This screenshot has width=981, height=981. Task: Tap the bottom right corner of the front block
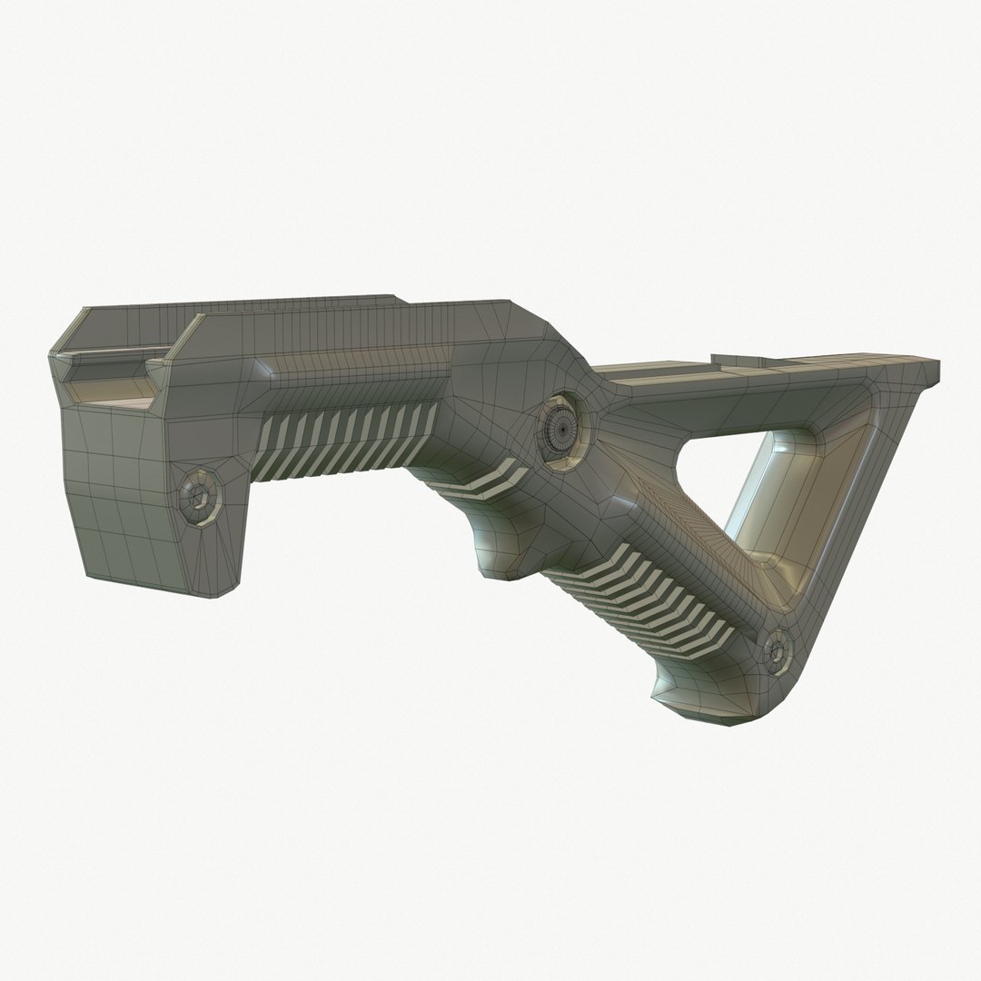tap(223, 595)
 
